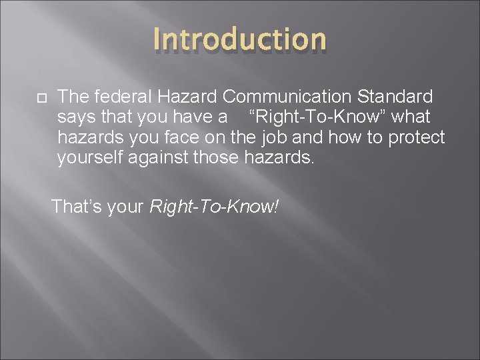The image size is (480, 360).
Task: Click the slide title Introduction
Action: [240, 40]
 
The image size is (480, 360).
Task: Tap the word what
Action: [411, 117]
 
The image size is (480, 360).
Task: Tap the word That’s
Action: [75, 207]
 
